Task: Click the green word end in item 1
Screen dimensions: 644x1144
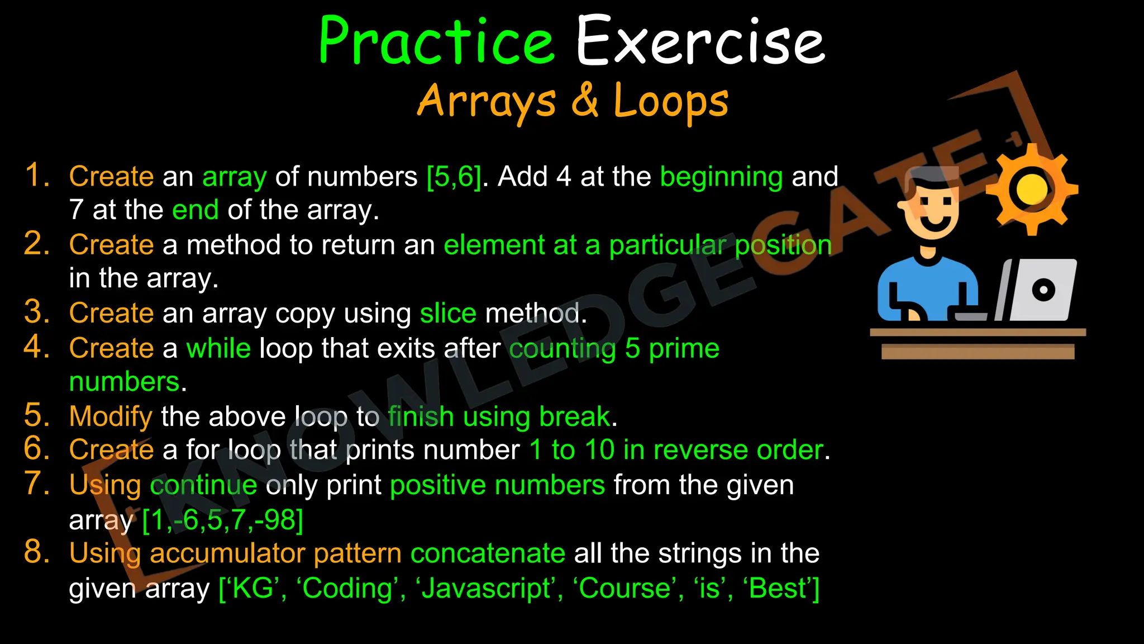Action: pos(195,210)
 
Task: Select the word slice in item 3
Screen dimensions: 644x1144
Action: pos(448,313)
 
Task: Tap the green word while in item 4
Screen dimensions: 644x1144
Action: pos(218,348)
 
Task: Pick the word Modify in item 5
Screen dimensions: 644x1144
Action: pos(111,417)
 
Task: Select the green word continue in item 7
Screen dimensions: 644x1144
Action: pos(203,485)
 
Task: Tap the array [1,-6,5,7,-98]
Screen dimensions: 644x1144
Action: pos(222,520)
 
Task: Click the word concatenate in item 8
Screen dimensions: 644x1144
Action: pos(488,553)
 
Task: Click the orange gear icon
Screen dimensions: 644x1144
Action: pos(1031,189)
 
